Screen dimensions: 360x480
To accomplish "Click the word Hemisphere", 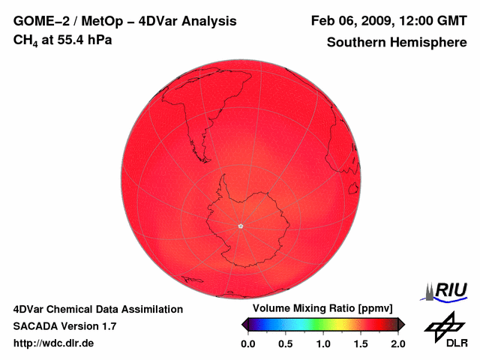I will pos(428,42).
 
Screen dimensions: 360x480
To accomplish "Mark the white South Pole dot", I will pos(240,225).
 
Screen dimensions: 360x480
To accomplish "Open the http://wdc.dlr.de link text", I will pos(54,343).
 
